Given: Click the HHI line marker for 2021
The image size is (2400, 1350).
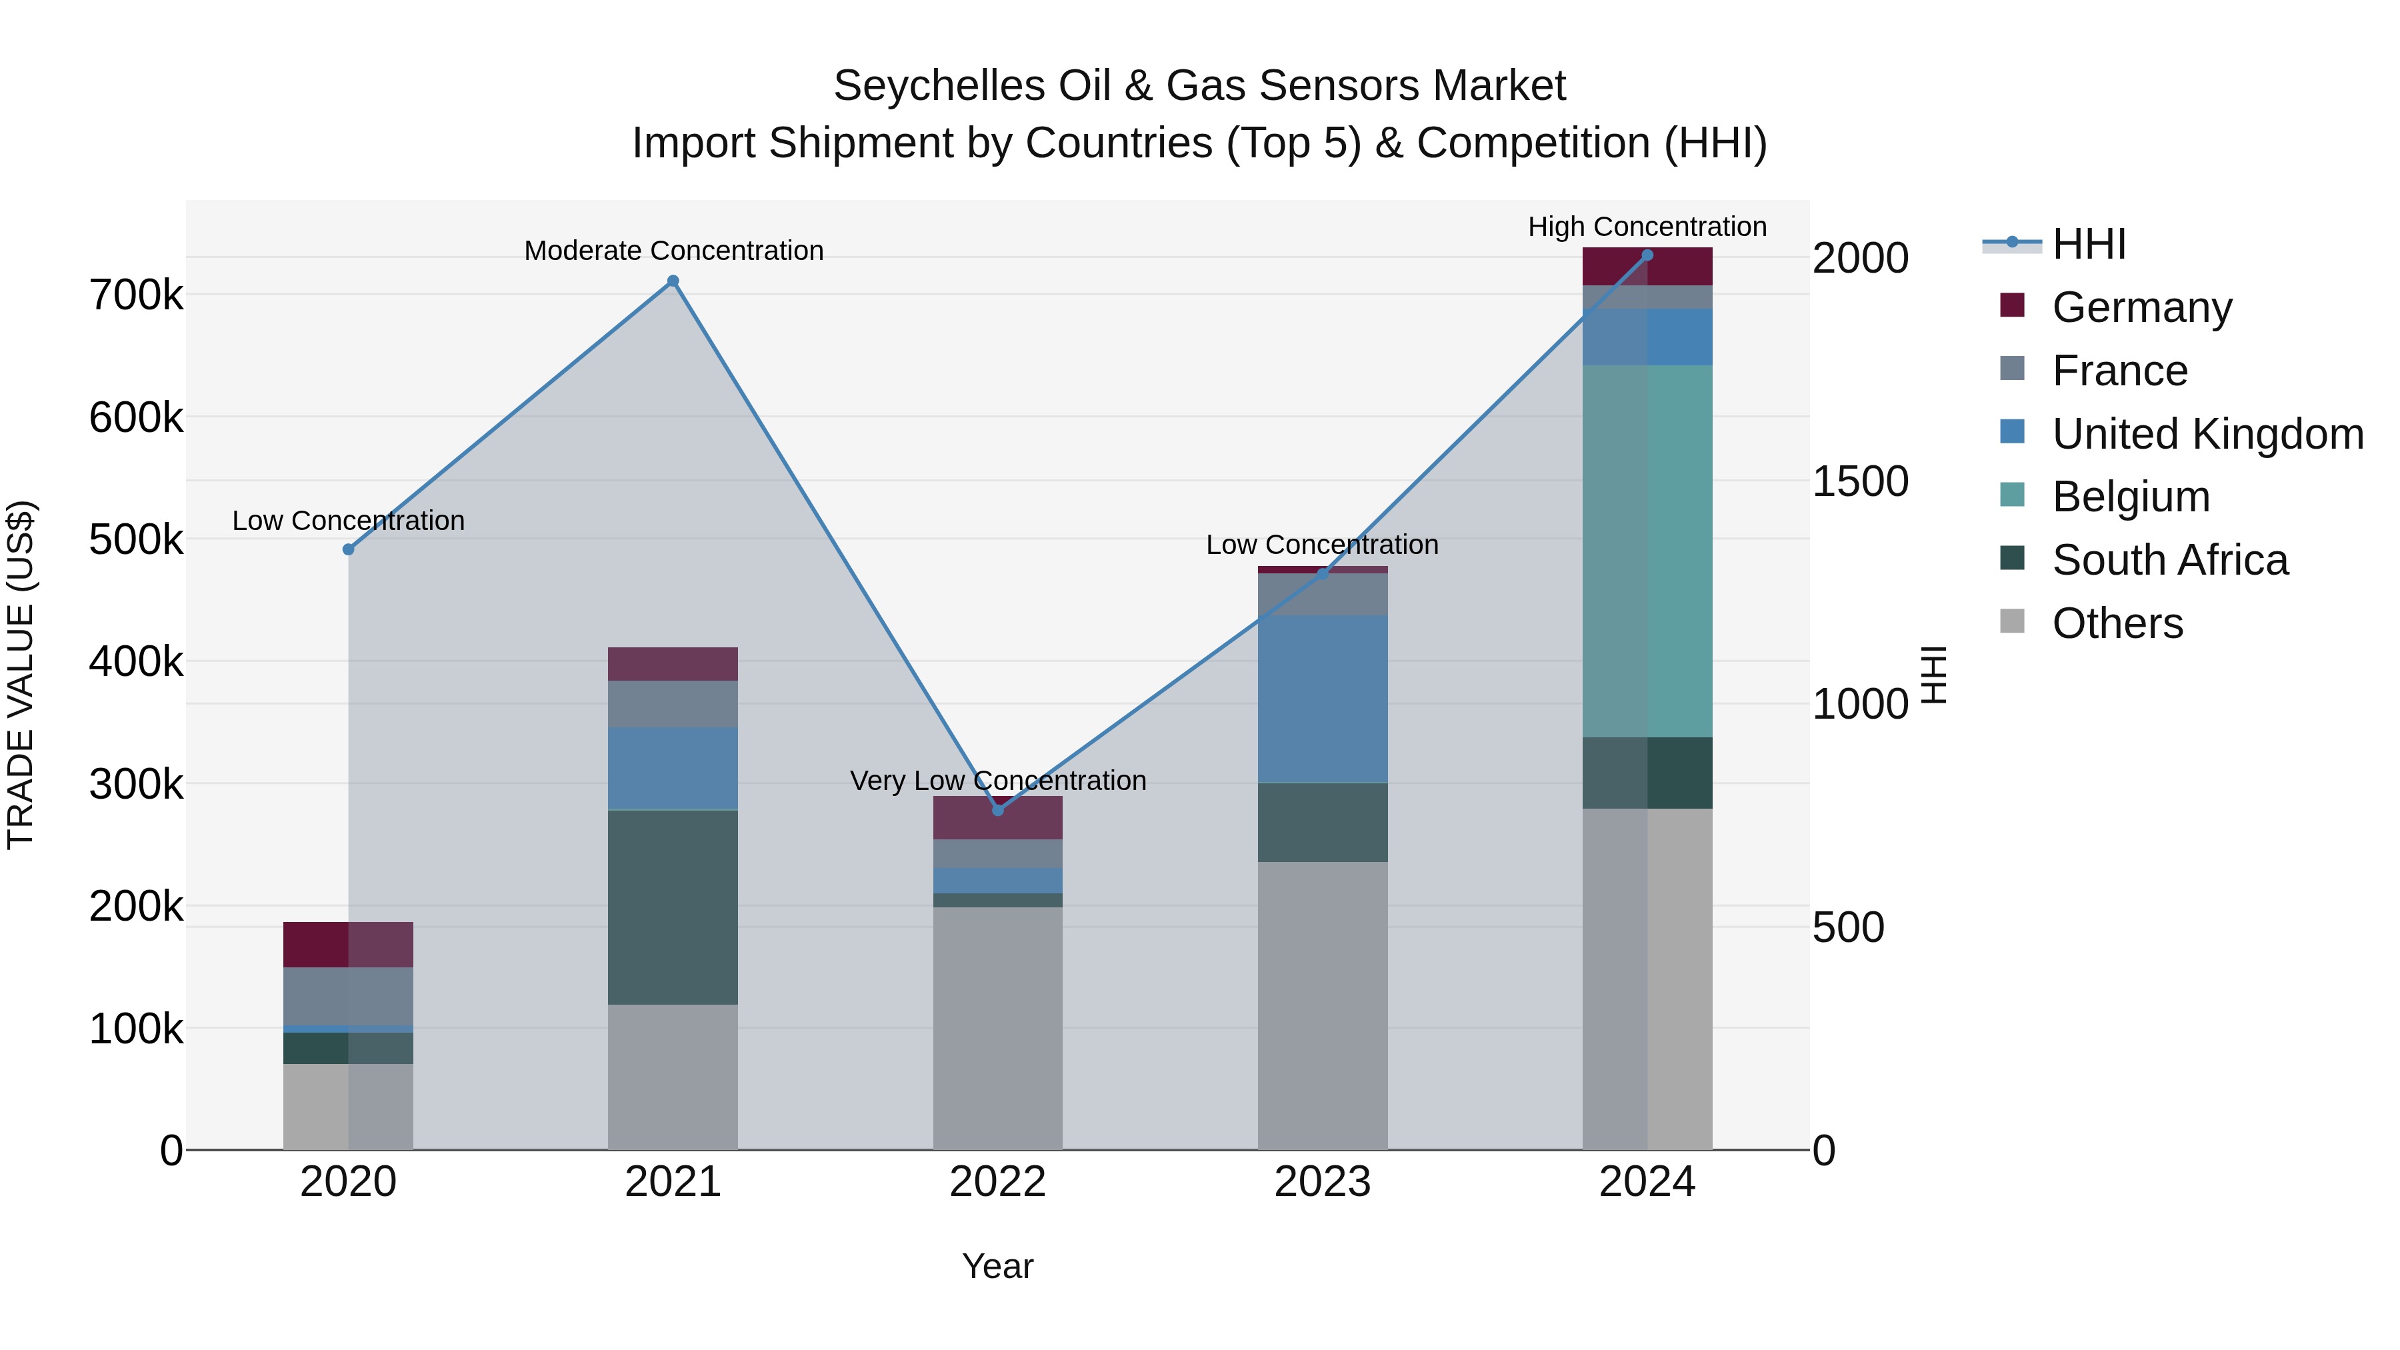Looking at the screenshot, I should (673, 281).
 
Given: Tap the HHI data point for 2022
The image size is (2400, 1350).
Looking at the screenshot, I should (998, 809).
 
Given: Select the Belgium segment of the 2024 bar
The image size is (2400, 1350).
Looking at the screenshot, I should (1647, 551).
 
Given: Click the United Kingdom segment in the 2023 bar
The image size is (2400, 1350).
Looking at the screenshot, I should (1322, 699).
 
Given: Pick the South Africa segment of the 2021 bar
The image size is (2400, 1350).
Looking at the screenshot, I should (673, 907).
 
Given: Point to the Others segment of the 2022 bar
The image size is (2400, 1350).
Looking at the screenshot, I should (998, 1029).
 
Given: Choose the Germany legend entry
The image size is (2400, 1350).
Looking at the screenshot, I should (2141, 307).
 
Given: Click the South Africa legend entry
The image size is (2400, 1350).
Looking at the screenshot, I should (2169, 560).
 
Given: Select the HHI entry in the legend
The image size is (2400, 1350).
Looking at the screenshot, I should (2089, 244).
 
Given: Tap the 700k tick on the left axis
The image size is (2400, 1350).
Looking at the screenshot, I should (136, 296).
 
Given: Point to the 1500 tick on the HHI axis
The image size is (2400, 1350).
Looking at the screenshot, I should (1859, 482).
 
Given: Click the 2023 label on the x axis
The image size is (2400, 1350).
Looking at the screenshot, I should (1322, 1182).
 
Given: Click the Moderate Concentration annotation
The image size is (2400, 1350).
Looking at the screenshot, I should (673, 251).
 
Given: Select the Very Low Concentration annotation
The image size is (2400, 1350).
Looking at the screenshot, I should (998, 781).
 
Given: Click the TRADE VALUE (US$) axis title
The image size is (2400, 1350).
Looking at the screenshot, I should (21, 675).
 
